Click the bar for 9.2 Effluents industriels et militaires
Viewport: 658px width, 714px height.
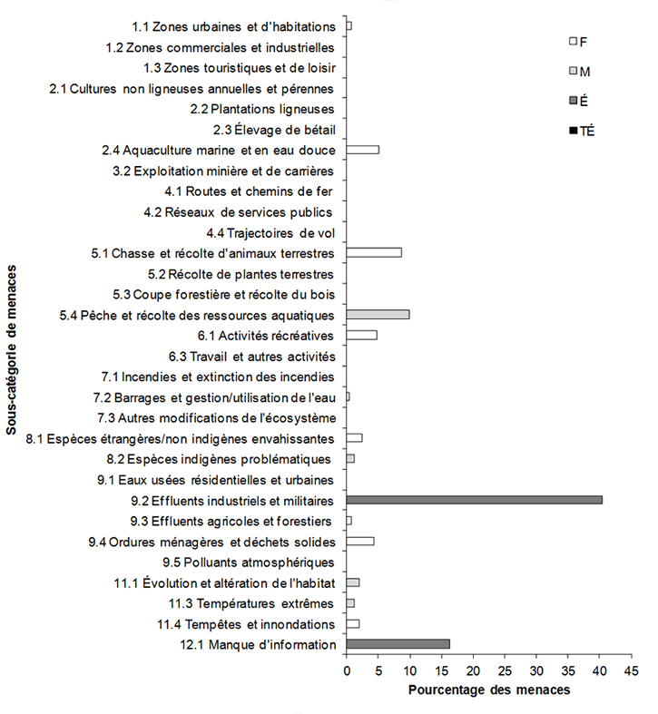[474, 500]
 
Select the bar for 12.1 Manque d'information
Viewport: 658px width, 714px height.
[398, 644]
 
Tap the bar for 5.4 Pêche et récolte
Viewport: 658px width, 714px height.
[378, 314]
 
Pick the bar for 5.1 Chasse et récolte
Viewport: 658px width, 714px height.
[374, 252]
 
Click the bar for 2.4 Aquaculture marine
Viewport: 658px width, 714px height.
[363, 150]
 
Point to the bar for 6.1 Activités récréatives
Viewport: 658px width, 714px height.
[361, 335]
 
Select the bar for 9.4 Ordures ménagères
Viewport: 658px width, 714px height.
[360, 541]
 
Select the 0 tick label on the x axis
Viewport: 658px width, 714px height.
[347, 670]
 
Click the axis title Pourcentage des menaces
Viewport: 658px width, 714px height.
[488, 690]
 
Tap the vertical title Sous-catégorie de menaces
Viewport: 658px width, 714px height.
[12, 349]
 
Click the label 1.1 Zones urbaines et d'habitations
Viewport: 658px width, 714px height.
[234, 26]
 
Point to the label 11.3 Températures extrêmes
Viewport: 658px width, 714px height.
[252, 603]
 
